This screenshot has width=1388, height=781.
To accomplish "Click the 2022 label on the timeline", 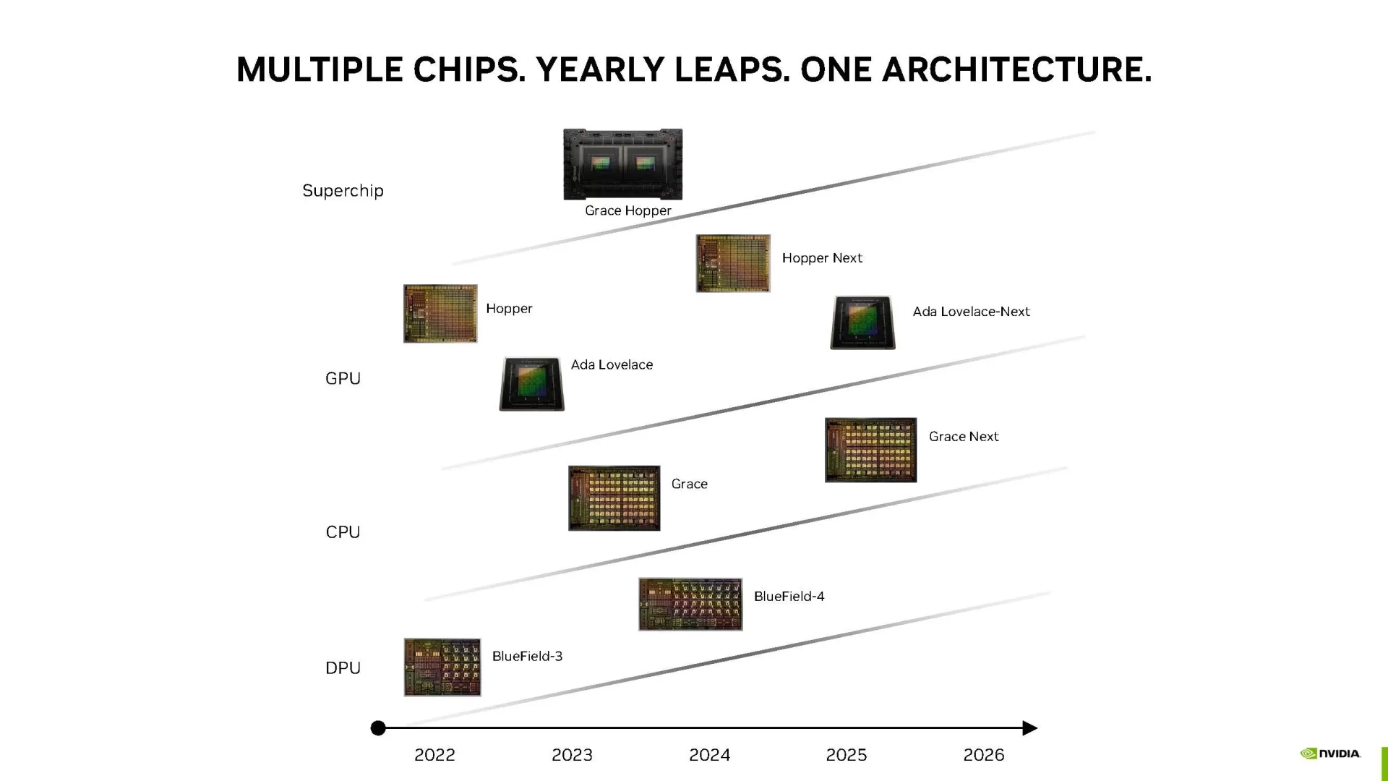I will pyautogui.click(x=434, y=755).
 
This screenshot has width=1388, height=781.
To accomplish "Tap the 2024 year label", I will pyautogui.click(x=709, y=755).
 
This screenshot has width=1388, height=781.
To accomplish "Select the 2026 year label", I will pyautogui.click(x=983, y=755).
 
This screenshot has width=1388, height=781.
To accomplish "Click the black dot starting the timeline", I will pyautogui.click(x=378, y=728).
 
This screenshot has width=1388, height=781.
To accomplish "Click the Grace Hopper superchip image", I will pyautogui.click(x=622, y=164).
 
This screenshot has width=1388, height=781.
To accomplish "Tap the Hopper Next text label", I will pyautogui.click(x=822, y=258).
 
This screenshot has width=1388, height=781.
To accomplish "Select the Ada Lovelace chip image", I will pyautogui.click(x=531, y=383).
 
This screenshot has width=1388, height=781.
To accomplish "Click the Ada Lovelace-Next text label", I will pyautogui.click(x=971, y=312).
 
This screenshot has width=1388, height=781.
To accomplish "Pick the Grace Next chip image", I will pyautogui.click(x=870, y=450).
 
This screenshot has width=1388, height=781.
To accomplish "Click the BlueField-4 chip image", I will pyautogui.click(x=690, y=604).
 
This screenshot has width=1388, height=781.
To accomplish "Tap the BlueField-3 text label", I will pyautogui.click(x=527, y=656).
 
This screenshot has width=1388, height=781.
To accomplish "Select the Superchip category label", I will pyautogui.click(x=343, y=191).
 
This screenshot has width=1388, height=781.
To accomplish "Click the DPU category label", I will pyautogui.click(x=343, y=668).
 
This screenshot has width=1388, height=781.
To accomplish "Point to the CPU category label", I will pyautogui.click(x=343, y=532).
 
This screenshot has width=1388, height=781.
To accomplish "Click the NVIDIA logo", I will pyautogui.click(x=1330, y=754).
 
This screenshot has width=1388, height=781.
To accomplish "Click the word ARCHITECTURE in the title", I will pyautogui.click(x=1016, y=70).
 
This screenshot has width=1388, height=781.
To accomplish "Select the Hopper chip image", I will pyautogui.click(x=440, y=313).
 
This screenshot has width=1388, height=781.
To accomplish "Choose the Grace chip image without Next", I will pyautogui.click(x=614, y=498).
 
